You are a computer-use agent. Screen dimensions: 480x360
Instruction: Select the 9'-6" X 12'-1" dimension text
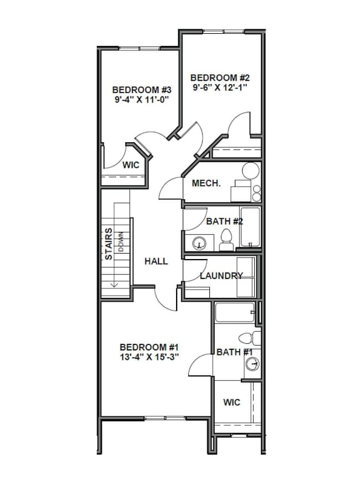pyautogui.click(x=219, y=87)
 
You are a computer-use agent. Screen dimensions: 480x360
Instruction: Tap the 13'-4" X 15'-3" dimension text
pyautogui.click(x=150, y=357)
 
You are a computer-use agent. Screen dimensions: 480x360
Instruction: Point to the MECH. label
pyautogui.click(x=206, y=183)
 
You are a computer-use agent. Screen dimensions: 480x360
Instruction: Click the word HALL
pyautogui.click(x=156, y=261)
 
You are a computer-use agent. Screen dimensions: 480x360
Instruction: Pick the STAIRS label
pyautogui.click(x=109, y=244)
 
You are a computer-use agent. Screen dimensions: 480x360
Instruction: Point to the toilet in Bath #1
pyautogui.click(x=249, y=337)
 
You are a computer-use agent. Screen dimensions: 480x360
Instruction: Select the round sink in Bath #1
pyautogui.click(x=253, y=364)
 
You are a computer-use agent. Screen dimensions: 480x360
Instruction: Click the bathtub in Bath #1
pyautogui.click(x=235, y=314)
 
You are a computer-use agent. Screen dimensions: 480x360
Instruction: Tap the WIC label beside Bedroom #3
pyautogui.click(x=131, y=165)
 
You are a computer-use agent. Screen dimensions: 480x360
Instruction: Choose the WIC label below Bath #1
pyautogui.click(x=232, y=402)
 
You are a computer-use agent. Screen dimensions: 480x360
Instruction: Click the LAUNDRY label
pyautogui.click(x=221, y=276)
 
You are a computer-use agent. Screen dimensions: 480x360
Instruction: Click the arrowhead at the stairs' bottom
pyautogui.click(x=115, y=285)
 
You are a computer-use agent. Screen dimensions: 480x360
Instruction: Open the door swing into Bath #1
pyautogui.click(x=200, y=365)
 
